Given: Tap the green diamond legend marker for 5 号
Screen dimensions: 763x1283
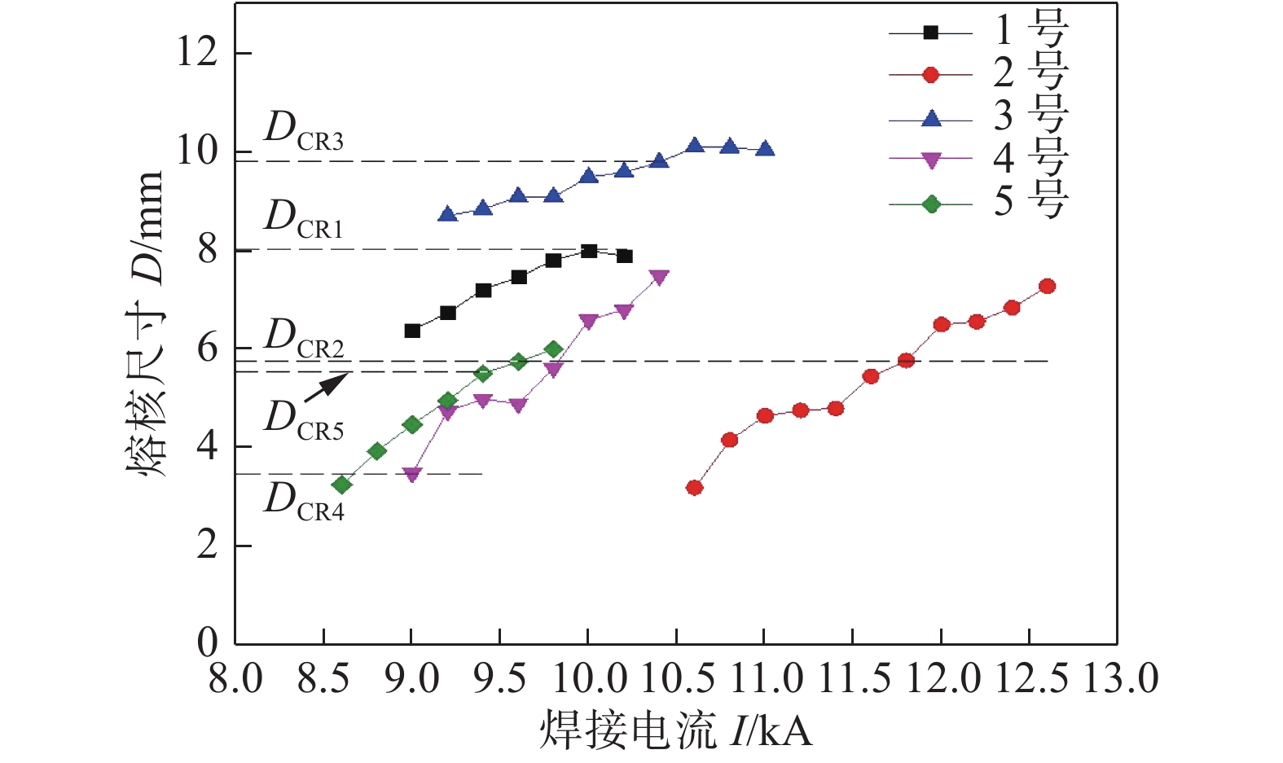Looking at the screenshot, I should (x=930, y=204).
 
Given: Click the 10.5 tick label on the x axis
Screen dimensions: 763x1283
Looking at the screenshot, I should (x=677, y=678).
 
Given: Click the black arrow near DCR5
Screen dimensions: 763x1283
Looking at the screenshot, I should (x=327, y=388).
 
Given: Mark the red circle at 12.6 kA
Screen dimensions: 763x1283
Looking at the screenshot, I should (x=1048, y=287).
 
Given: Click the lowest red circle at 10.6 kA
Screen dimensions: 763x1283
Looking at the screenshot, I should (x=694, y=488).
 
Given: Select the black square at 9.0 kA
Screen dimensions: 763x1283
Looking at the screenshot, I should (x=412, y=331).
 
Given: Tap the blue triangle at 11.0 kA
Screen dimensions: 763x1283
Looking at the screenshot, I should (x=765, y=149).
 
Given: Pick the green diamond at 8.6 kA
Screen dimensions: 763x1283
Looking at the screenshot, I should (x=342, y=485).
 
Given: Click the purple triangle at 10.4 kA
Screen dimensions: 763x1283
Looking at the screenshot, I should (x=659, y=278).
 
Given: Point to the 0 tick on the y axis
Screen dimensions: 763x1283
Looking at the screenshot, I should (x=208, y=643).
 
